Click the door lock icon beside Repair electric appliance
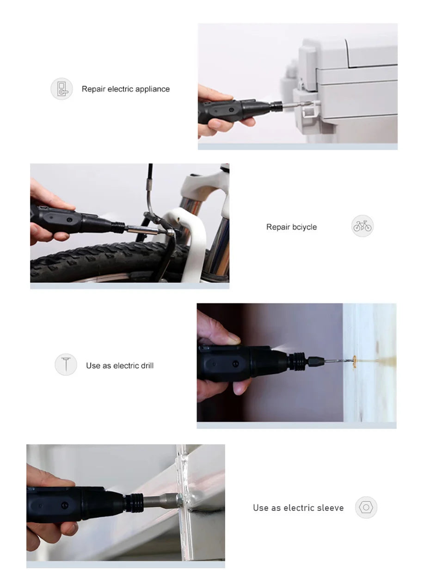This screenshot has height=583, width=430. coord(61,89)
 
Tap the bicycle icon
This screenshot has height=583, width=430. coord(362,226)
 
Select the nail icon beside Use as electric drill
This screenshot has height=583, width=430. coord(66,364)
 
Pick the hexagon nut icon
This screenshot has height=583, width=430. coord(366,507)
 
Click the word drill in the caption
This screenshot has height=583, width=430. coord(147,365)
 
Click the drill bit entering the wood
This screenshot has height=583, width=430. coord(338,361)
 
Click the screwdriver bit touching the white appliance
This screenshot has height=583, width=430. coord(297,104)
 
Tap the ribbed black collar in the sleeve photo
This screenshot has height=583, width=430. coord(134,502)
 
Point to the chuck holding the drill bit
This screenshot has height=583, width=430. coord(316,361)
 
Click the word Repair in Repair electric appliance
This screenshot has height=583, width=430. coord(93,89)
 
